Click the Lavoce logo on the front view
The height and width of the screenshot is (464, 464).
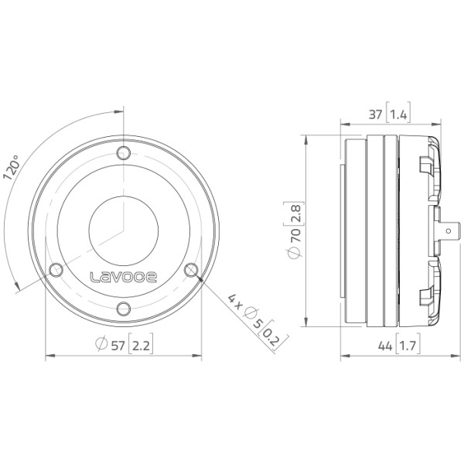(123, 277)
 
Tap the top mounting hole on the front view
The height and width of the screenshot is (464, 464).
(124, 153)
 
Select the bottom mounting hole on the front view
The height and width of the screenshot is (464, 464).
(124, 309)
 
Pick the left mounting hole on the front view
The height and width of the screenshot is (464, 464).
(56, 270)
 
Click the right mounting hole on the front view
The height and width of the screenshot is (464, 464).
(191, 270)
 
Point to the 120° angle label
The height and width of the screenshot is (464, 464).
(11, 167)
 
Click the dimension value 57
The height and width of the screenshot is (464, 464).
(118, 346)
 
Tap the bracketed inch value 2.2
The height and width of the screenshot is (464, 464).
(141, 346)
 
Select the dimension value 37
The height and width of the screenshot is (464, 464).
(376, 114)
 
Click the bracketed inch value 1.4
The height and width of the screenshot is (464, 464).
(398, 114)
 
